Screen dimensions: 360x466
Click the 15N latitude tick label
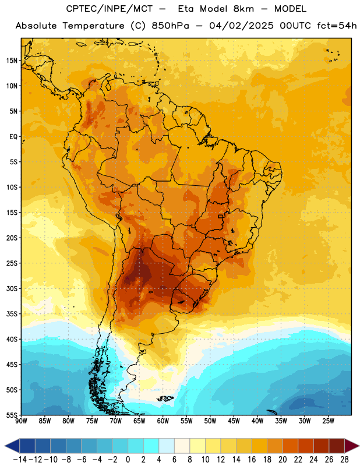(x=12, y=61)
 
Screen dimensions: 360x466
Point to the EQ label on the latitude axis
(x=13, y=137)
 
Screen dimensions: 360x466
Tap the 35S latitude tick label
(x=12, y=314)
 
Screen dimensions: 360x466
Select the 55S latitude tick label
(x=12, y=415)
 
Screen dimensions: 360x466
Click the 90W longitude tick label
(x=21, y=421)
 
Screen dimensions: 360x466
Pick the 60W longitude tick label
(x=163, y=421)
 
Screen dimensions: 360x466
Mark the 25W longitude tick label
(x=329, y=421)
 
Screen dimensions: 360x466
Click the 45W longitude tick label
(x=234, y=421)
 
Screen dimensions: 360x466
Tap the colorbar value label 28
(x=344, y=460)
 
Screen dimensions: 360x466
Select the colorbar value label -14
(x=20, y=460)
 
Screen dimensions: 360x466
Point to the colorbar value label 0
(x=128, y=460)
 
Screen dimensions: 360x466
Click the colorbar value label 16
(x=252, y=460)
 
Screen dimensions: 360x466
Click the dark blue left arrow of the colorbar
(x=12, y=446)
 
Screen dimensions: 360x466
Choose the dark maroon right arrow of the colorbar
(x=352, y=446)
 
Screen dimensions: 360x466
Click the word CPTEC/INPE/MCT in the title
(x=110, y=9)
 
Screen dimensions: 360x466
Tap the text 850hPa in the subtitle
(x=170, y=26)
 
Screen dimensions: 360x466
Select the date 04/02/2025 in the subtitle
(x=241, y=26)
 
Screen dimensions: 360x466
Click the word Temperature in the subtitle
(x=93, y=26)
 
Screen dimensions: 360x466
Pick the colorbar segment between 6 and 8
(x=182, y=446)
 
